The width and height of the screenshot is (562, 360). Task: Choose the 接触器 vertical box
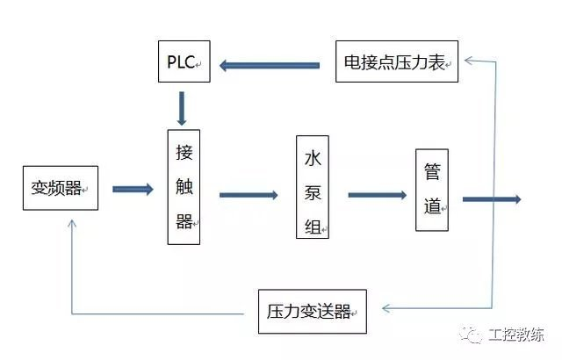[184, 187]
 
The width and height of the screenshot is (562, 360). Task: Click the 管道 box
[432, 190]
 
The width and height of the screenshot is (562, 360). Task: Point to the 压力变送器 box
[312, 311]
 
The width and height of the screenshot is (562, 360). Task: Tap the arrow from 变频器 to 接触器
[132, 189]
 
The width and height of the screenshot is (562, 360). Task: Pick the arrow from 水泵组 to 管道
[376, 195]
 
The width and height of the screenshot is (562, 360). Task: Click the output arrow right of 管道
[492, 199]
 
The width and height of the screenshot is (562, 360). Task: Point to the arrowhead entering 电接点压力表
[467, 60]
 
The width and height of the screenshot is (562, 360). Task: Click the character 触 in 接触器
[184, 187]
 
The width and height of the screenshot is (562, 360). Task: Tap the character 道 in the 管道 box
[432, 207]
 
